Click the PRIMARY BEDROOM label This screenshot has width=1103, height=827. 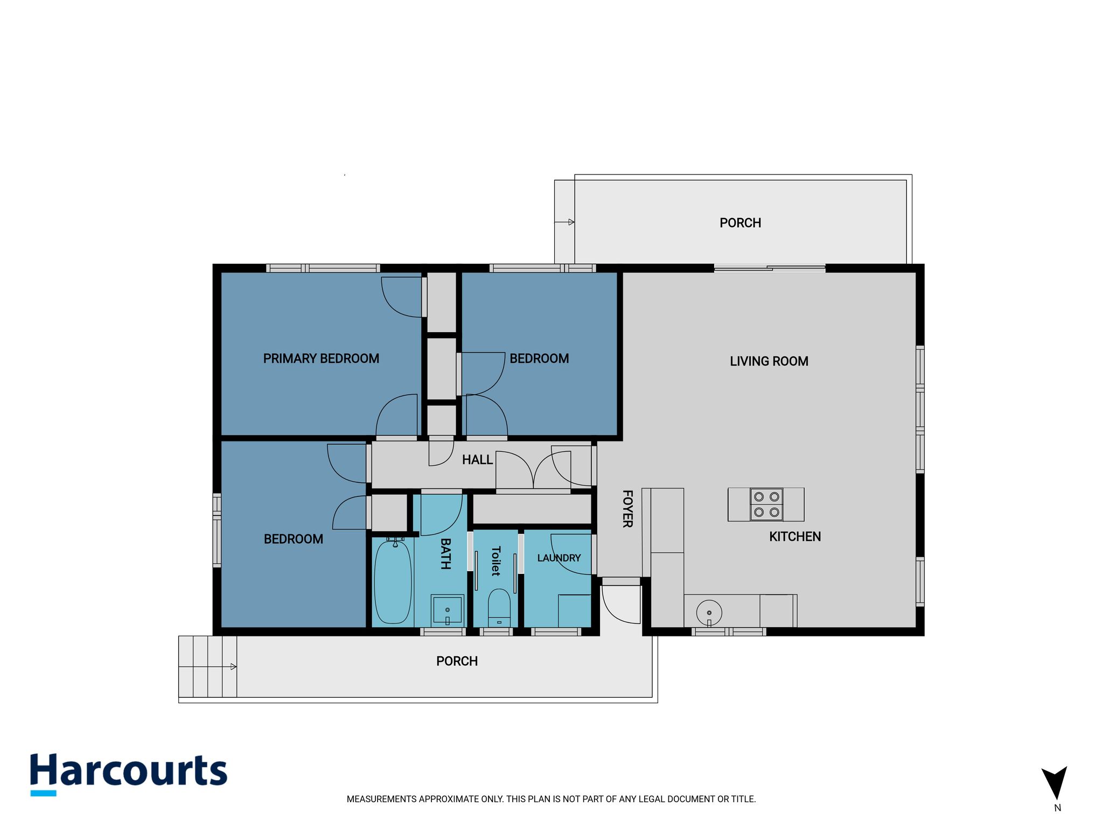[x=321, y=359]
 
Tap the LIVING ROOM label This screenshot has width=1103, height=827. [x=769, y=361]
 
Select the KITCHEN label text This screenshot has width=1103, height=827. [x=795, y=536]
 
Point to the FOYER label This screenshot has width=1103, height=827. [x=627, y=509]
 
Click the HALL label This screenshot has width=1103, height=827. [x=477, y=460]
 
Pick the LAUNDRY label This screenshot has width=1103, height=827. [x=559, y=558]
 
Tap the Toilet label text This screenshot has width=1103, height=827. [x=496, y=561]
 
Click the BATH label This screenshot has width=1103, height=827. [x=445, y=553]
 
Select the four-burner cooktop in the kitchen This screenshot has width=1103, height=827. [x=766, y=504]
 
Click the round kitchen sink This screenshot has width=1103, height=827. [x=709, y=613]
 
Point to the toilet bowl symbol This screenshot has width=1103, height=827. [x=499, y=607]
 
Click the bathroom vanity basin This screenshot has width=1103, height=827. [x=447, y=611]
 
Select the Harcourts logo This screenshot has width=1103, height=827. [x=129, y=774]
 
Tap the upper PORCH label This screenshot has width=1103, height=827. [x=740, y=223]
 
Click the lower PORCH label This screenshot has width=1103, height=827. [x=457, y=661]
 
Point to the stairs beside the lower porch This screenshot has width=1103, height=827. [x=207, y=667]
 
